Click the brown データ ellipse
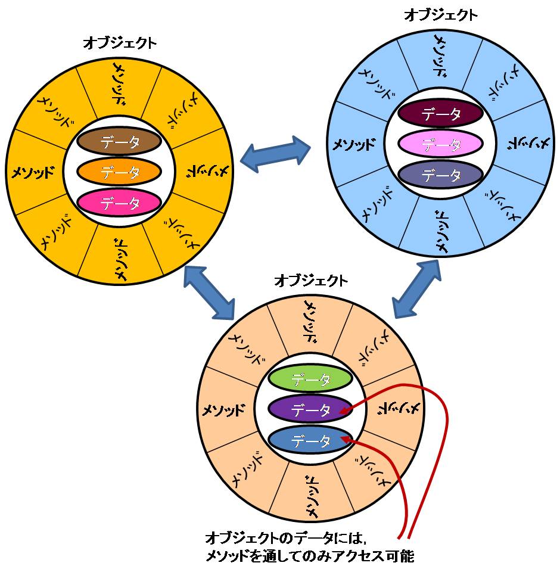[120, 142]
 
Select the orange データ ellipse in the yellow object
[120, 173]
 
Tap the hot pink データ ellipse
[120, 204]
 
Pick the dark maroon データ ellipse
[441, 114]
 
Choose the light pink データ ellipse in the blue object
[441, 144]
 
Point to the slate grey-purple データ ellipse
[441, 175]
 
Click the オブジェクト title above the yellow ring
[120, 43]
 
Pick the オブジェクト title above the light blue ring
[441, 15]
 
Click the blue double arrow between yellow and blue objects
[276, 154]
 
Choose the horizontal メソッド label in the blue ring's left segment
[354, 144]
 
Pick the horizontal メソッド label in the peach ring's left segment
[223, 410]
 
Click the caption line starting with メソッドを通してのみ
[309, 556]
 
